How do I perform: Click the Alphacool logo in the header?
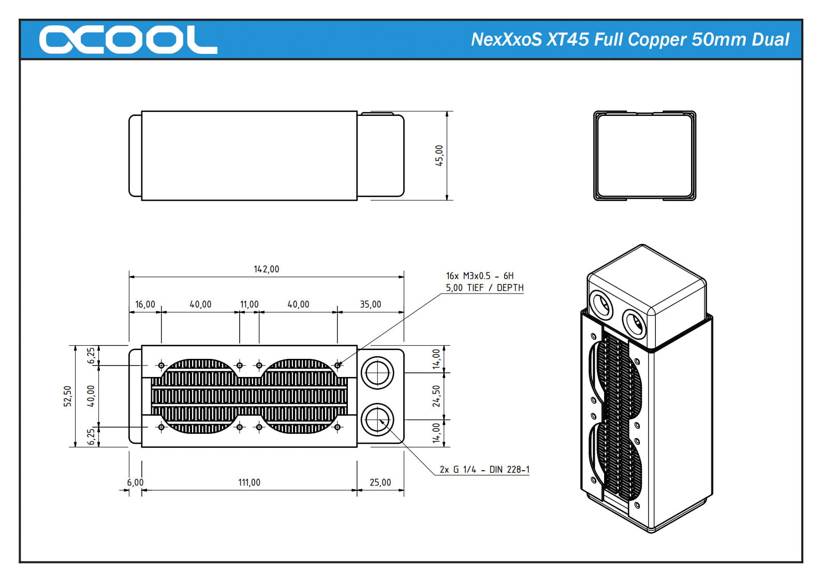click(x=128, y=39)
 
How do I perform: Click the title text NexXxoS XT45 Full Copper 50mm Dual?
click(x=630, y=39)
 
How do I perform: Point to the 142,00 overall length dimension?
click(x=266, y=269)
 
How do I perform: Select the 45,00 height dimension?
click(x=439, y=155)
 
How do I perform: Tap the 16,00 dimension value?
click(x=145, y=304)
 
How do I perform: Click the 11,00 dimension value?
click(x=249, y=304)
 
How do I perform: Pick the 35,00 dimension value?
click(x=371, y=304)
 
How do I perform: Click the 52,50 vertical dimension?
click(x=68, y=396)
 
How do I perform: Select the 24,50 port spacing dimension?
click(x=436, y=396)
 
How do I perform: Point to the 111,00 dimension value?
click(x=249, y=483)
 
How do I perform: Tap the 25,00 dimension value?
click(x=380, y=483)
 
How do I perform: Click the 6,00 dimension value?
click(x=136, y=483)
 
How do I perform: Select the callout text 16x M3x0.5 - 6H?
click(x=480, y=276)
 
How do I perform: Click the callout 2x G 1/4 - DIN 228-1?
click(x=485, y=470)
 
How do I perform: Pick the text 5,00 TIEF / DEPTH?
click(x=485, y=288)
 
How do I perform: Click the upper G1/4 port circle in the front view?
click(x=377, y=372)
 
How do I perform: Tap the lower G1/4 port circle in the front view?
click(x=377, y=420)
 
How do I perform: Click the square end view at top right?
click(x=644, y=155)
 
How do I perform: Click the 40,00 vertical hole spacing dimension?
click(x=91, y=396)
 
